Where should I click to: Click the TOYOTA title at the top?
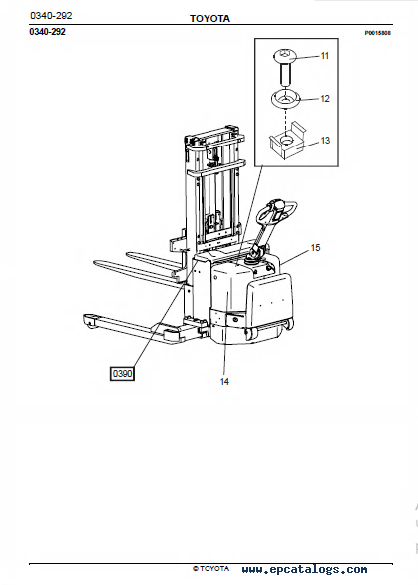[209, 18]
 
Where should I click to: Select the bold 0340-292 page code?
[48, 32]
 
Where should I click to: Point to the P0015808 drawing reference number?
[378, 33]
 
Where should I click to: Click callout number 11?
[325, 56]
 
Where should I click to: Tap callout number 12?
[325, 98]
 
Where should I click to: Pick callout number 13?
[325, 141]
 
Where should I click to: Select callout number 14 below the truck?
[224, 382]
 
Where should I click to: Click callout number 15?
[315, 248]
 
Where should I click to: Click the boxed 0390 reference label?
[122, 373]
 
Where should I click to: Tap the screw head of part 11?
[285, 56]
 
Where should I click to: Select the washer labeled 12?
[285, 98]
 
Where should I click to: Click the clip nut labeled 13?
[287, 141]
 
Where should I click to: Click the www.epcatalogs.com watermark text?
[304, 569]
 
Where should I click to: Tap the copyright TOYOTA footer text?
[211, 569]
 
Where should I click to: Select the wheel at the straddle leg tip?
[90, 322]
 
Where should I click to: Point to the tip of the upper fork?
[128, 254]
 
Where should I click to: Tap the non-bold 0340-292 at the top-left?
[51, 16]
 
